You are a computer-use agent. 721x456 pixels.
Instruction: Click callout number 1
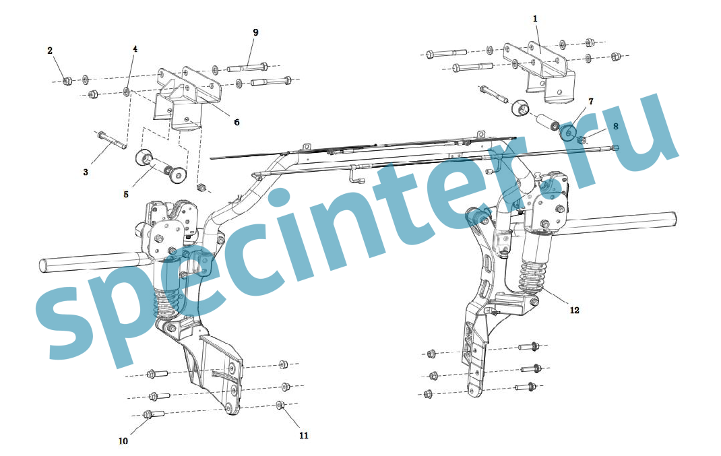click(535, 19)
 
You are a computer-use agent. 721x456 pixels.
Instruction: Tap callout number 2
click(50, 51)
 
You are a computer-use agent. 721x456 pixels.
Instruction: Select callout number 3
click(86, 172)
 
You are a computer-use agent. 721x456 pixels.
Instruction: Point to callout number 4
click(135, 48)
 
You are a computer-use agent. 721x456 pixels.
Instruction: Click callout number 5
click(126, 195)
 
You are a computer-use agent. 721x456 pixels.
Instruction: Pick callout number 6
click(237, 123)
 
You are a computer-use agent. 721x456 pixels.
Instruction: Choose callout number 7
click(591, 101)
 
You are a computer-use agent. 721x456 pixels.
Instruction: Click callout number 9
click(255, 32)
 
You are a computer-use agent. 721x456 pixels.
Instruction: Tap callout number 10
click(123, 441)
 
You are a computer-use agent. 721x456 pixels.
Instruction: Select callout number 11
click(303, 435)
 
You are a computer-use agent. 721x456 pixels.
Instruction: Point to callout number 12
click(574, 311)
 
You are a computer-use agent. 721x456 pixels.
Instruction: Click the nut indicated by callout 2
click(67, 81)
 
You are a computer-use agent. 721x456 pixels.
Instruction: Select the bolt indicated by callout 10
click(154, 414)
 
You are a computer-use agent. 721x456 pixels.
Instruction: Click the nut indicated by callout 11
click(280, 405)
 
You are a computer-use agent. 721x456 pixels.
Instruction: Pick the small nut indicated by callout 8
click(582, 139)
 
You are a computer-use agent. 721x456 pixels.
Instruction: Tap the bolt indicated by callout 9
click(247, 67)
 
